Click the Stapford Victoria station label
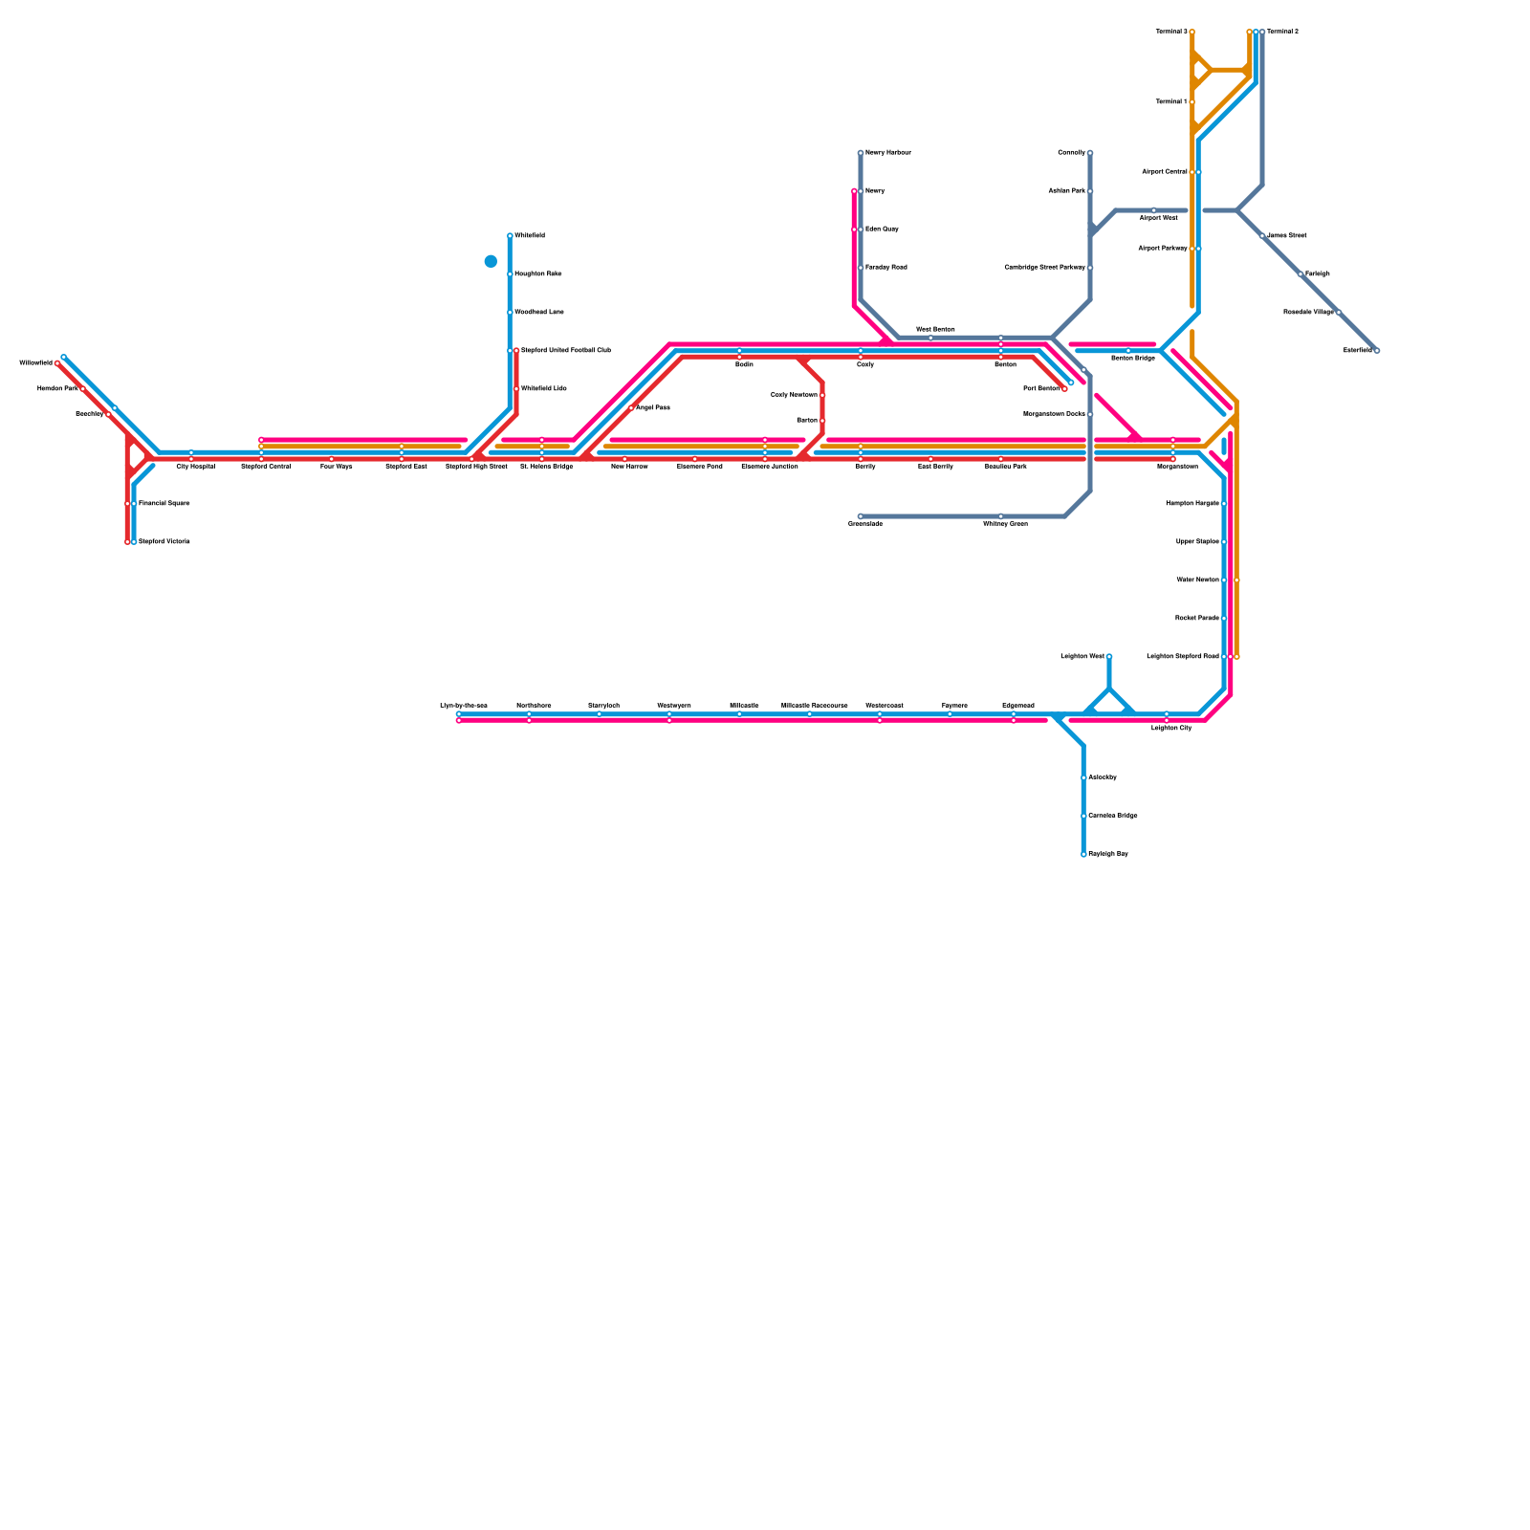pyautogui.click(x=164, y=542)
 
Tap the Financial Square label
pyautogui.click(x=164, y=504)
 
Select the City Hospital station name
pyautogui.click(x=195, y=467)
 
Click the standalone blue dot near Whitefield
pyautogui.click(x=491, y=261)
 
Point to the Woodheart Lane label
pyautogui.click(x=538, y=313)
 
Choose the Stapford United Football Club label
pyautogui.click(x=565, y=351)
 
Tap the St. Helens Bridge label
pyautogui.click(x=546, y=467)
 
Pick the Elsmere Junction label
pyautogui.click(x=769, y=467)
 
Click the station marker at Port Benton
pyautogui.click(x=1064, y=389)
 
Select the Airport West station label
pyautogui.click(x=1158, y=218)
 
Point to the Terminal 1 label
pyautogui.click(x=1170, y=101)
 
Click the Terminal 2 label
pyautogui.click(x=1282, y=32)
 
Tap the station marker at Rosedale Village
pyautogui.click(x=1339, y=313)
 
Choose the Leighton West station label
pyautogui.click(x=1082, y=657)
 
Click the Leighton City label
pyautogui.click(x=1171, y=729)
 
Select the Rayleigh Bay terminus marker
pyautogui.click(x=1083, y=855)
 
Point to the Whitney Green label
pyautogui.click(x=1005, y=524)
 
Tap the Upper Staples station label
pyautogui.click(x=1197, y=542)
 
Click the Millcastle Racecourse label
pyautogui.click(x=814, y=706)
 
